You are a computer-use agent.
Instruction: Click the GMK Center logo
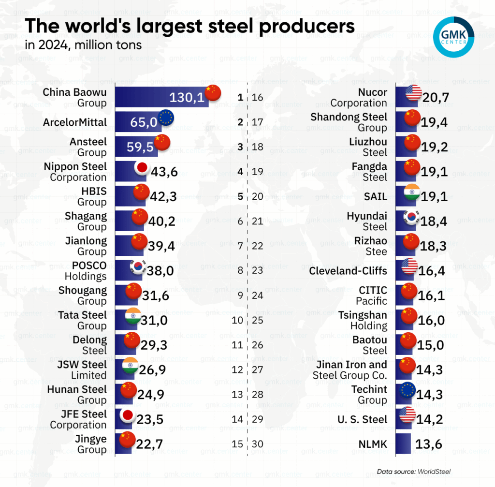454,37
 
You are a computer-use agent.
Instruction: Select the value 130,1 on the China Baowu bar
187,98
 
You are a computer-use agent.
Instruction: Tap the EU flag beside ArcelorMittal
166,118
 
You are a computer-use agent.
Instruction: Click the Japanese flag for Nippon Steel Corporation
142,168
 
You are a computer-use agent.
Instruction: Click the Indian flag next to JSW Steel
131,366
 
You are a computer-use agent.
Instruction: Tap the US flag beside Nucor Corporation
413,93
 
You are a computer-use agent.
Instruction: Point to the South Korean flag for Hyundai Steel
411,217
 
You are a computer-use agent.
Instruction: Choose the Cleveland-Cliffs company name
348,271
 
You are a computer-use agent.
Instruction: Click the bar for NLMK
403,443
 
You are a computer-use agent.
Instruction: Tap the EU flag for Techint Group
409,390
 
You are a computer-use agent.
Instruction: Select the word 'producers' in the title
295,26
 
